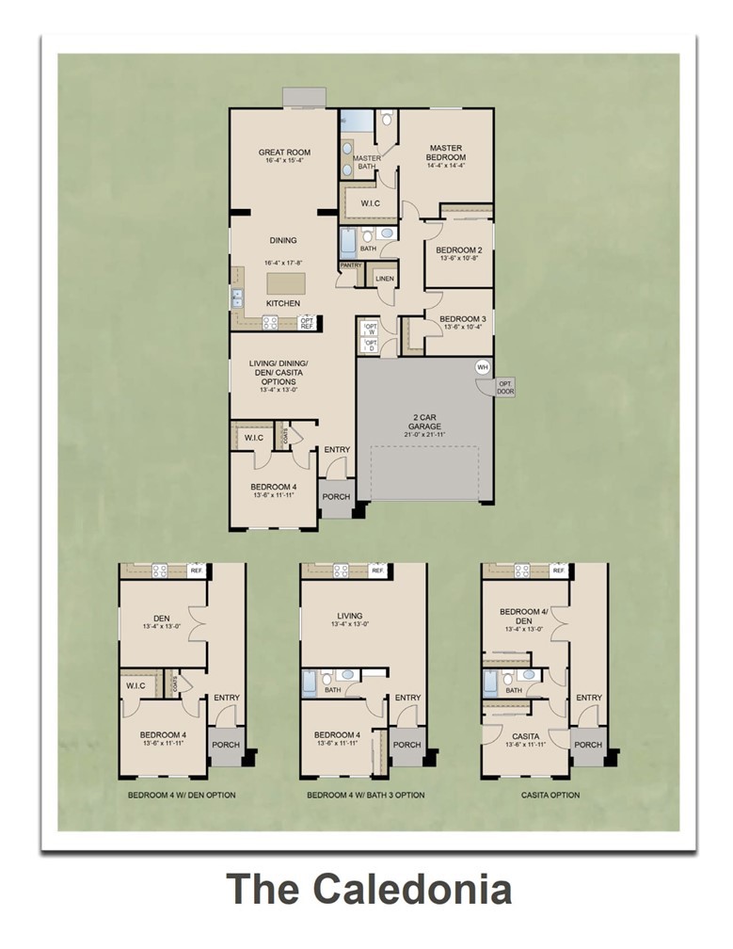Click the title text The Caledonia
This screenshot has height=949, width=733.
click(369, 890)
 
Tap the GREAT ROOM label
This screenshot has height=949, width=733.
click(284, 153)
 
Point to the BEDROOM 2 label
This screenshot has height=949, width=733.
click(458, 250)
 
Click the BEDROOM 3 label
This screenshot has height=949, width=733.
click(462, 319)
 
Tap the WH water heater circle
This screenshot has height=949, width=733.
click(483, 367)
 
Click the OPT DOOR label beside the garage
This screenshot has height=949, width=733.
click(505, 387)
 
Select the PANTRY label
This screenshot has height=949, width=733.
click(351, 265)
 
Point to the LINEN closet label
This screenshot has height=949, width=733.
click(384, 280)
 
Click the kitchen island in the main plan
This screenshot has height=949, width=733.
click(284, 281)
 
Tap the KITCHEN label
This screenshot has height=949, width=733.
click(282, 303)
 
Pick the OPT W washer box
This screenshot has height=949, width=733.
click(370, 328)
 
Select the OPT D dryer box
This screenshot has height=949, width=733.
click(370, 345)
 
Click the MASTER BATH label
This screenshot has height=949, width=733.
click(366, 162)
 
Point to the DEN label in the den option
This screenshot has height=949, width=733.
click(162, 619)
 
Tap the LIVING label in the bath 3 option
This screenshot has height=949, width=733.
click(350, 618)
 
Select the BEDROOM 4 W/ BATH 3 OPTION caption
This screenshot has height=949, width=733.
click(365, 796)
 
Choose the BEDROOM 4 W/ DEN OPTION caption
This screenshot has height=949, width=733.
click(182, 796)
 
